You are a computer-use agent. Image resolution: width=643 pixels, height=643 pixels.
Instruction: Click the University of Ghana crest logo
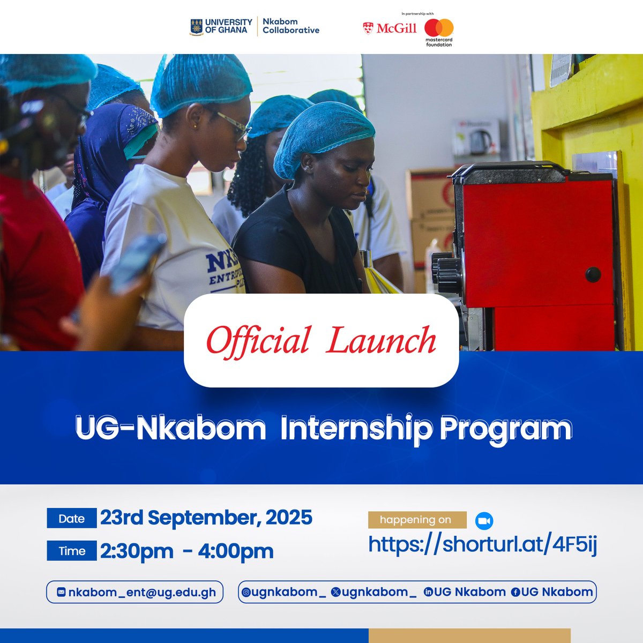pyautogui.click(x=196, y=27)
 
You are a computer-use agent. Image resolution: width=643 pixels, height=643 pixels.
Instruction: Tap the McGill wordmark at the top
pyautogui.click(x=396, y=28)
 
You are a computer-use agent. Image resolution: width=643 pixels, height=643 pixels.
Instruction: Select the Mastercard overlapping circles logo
pyautogui.click(x=439, y=28)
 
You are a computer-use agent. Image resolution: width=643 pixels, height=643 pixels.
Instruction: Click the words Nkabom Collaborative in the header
pyautogui.click(x=290, y=26)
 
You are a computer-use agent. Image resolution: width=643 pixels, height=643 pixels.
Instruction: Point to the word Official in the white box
pyautogui.click(x=258, y=341)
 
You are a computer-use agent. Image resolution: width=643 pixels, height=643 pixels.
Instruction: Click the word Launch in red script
pyautogui.click(x=381, y=341)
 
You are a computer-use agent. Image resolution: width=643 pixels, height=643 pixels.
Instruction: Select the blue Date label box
pyautogui.click(x=72, y=518)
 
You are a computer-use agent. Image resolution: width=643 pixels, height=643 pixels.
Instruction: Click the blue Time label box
pyautogui.click(x=72, y=551)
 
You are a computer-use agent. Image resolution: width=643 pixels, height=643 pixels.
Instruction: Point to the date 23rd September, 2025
pyautogui.click(x=206, y=518)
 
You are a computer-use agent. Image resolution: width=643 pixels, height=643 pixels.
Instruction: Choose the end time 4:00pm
pyautogui.click(x=236, y=551)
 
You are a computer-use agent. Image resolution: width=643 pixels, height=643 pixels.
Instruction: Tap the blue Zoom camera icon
pyautogui.click(x=484, y=521)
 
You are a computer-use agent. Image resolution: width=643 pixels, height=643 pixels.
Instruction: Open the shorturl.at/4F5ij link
pyautogui.click(x=482, y=545)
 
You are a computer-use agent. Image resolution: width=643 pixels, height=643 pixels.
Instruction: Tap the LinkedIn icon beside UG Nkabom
pyautogui.click(x=428, y=592)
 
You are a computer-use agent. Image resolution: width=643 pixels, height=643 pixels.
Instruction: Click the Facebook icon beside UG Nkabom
pyautogui.click(x=515, y=592)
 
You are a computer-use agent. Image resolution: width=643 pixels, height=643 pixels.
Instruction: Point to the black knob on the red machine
pyautogui.click(x=593, y=274)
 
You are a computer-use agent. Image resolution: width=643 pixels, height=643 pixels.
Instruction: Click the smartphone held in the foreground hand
pyautogui.click(x=137, y=263)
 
